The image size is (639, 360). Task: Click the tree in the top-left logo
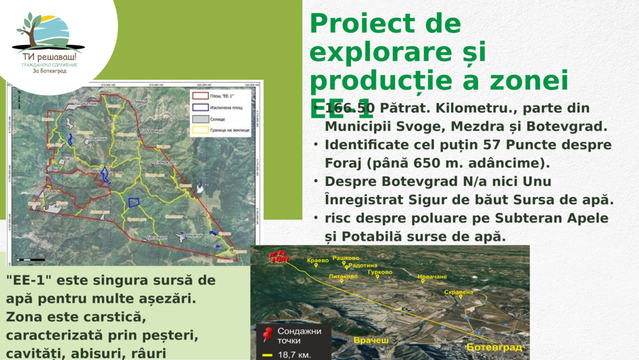point(29,29)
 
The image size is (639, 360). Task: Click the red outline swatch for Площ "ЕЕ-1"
point(200,97)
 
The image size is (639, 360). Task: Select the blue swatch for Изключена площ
point(200,107)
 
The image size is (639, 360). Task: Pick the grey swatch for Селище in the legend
point(200,119)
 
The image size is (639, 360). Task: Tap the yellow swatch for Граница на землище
point(200,130)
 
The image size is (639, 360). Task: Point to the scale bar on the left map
point(30,260)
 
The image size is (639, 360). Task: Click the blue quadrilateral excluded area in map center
point(134,202)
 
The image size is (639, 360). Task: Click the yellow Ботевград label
point(494,347)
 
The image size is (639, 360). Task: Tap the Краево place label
point(318,261)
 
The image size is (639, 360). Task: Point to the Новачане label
point(432,277)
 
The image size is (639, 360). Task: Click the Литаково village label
point(343,276)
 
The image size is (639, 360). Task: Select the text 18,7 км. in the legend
point(295,354)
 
